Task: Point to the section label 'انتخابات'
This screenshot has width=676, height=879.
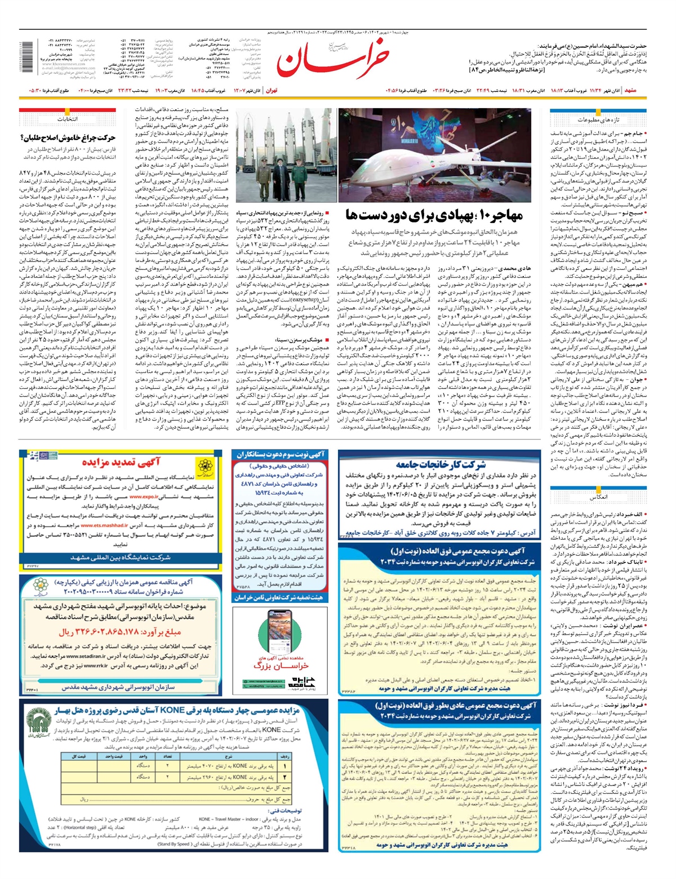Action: click(x=67, y=119)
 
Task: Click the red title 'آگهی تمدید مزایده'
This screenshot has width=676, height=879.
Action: click(x=121, y=462)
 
